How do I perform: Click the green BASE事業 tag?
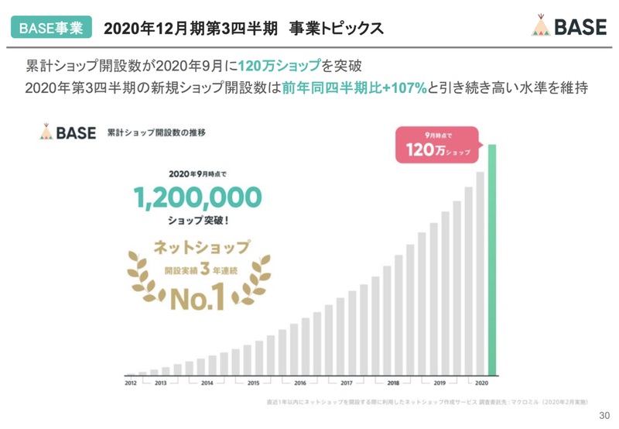coord(51,28)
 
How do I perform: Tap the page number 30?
coord(604,417)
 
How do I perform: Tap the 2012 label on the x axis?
coord(132,383)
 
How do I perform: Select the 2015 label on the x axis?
coord(253,383)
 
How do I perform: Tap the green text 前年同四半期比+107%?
coord(354,88)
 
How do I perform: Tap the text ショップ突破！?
coord(198,220)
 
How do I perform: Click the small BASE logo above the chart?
coord(67,132)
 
